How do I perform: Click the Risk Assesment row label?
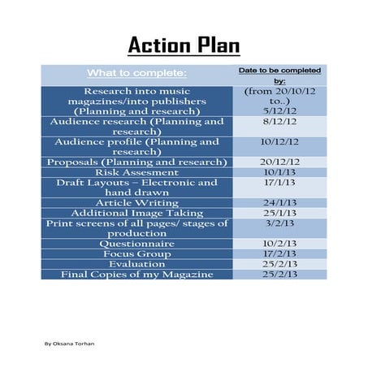point(137,172)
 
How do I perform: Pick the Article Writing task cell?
point(137,202)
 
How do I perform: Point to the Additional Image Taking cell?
point(137,213)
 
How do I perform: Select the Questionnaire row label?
point(137,243)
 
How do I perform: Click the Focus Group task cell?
point(137,253)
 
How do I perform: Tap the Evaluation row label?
point(137,264)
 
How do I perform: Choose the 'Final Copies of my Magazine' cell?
point(137,275)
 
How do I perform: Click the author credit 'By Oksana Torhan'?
point(68,344)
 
